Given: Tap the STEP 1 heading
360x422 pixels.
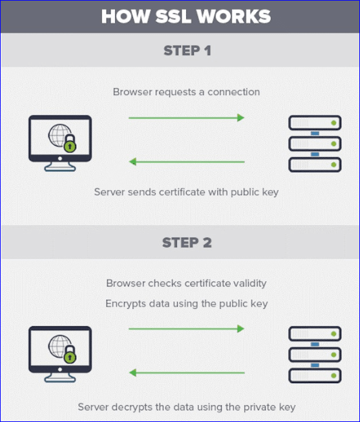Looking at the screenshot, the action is point(187,50).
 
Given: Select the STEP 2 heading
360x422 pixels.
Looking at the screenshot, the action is point(187,242).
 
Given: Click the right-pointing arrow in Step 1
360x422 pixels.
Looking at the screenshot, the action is point(186,118).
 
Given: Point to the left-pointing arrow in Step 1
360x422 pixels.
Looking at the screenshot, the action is point(187,162).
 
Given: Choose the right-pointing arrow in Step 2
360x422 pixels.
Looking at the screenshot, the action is point(186,328).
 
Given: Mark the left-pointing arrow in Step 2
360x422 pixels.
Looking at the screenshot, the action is point(187,373).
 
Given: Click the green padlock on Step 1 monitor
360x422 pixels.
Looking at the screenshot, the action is point(70,143).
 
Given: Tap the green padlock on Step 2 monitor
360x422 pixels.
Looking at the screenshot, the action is point(70,354).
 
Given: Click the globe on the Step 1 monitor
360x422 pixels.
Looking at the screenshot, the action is point(59,135).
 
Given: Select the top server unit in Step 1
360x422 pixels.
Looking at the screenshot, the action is point(315,123).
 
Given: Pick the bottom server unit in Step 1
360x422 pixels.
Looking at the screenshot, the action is point(315,165).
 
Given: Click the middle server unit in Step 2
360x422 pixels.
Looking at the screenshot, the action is point(315,355).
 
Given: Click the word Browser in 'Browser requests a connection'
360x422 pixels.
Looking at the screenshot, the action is point(130,92).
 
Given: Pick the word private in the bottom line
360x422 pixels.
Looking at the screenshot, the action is point(260,407).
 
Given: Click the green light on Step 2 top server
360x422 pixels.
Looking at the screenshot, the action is point(334,333).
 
